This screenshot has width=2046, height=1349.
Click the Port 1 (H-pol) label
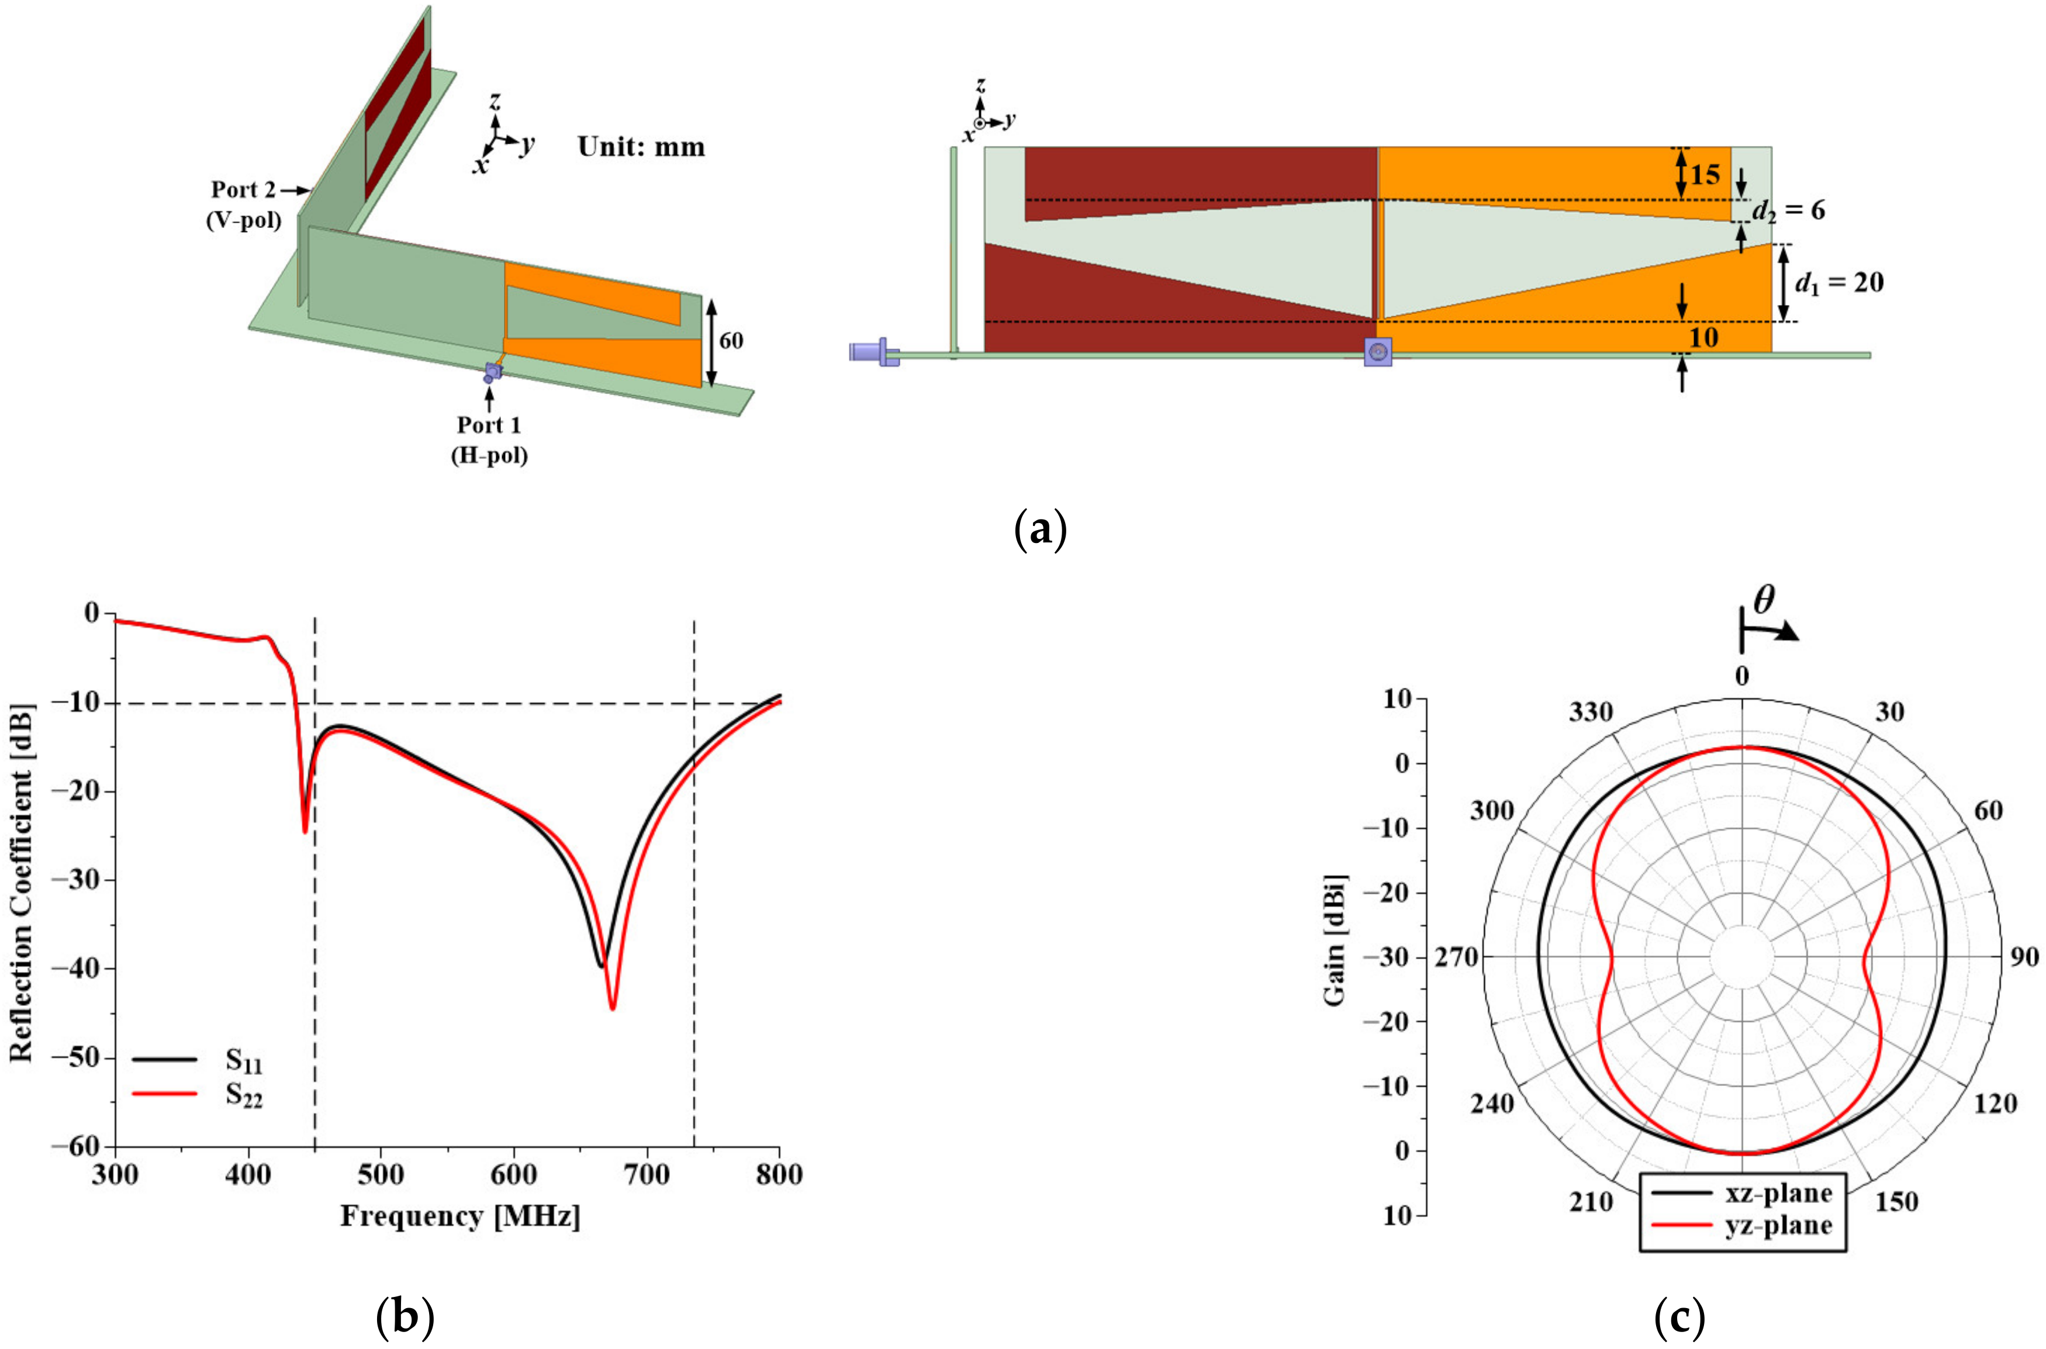click(489, 439)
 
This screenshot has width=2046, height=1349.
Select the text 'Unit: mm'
click(641, 147)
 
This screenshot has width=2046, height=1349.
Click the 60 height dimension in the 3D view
click(731, 341)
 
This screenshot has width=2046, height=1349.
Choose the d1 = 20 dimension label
click(1838, 283)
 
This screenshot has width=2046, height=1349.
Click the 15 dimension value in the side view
click(1705, 175)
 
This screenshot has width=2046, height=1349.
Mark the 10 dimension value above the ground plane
click(1703, 337)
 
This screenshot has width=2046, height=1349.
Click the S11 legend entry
click(244, 1063)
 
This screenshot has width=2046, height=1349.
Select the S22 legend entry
click(244, 1095)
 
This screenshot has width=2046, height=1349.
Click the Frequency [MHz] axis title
click(460, 1216)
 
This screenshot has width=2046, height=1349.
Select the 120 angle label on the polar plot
click(1995, 1104)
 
